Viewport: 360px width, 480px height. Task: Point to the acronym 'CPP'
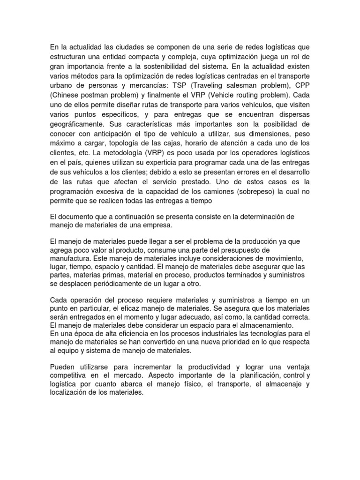click(x=302, y=85)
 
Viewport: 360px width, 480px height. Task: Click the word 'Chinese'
click(x=67, y=95)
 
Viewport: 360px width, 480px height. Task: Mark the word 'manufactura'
click(x=68, y=259)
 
